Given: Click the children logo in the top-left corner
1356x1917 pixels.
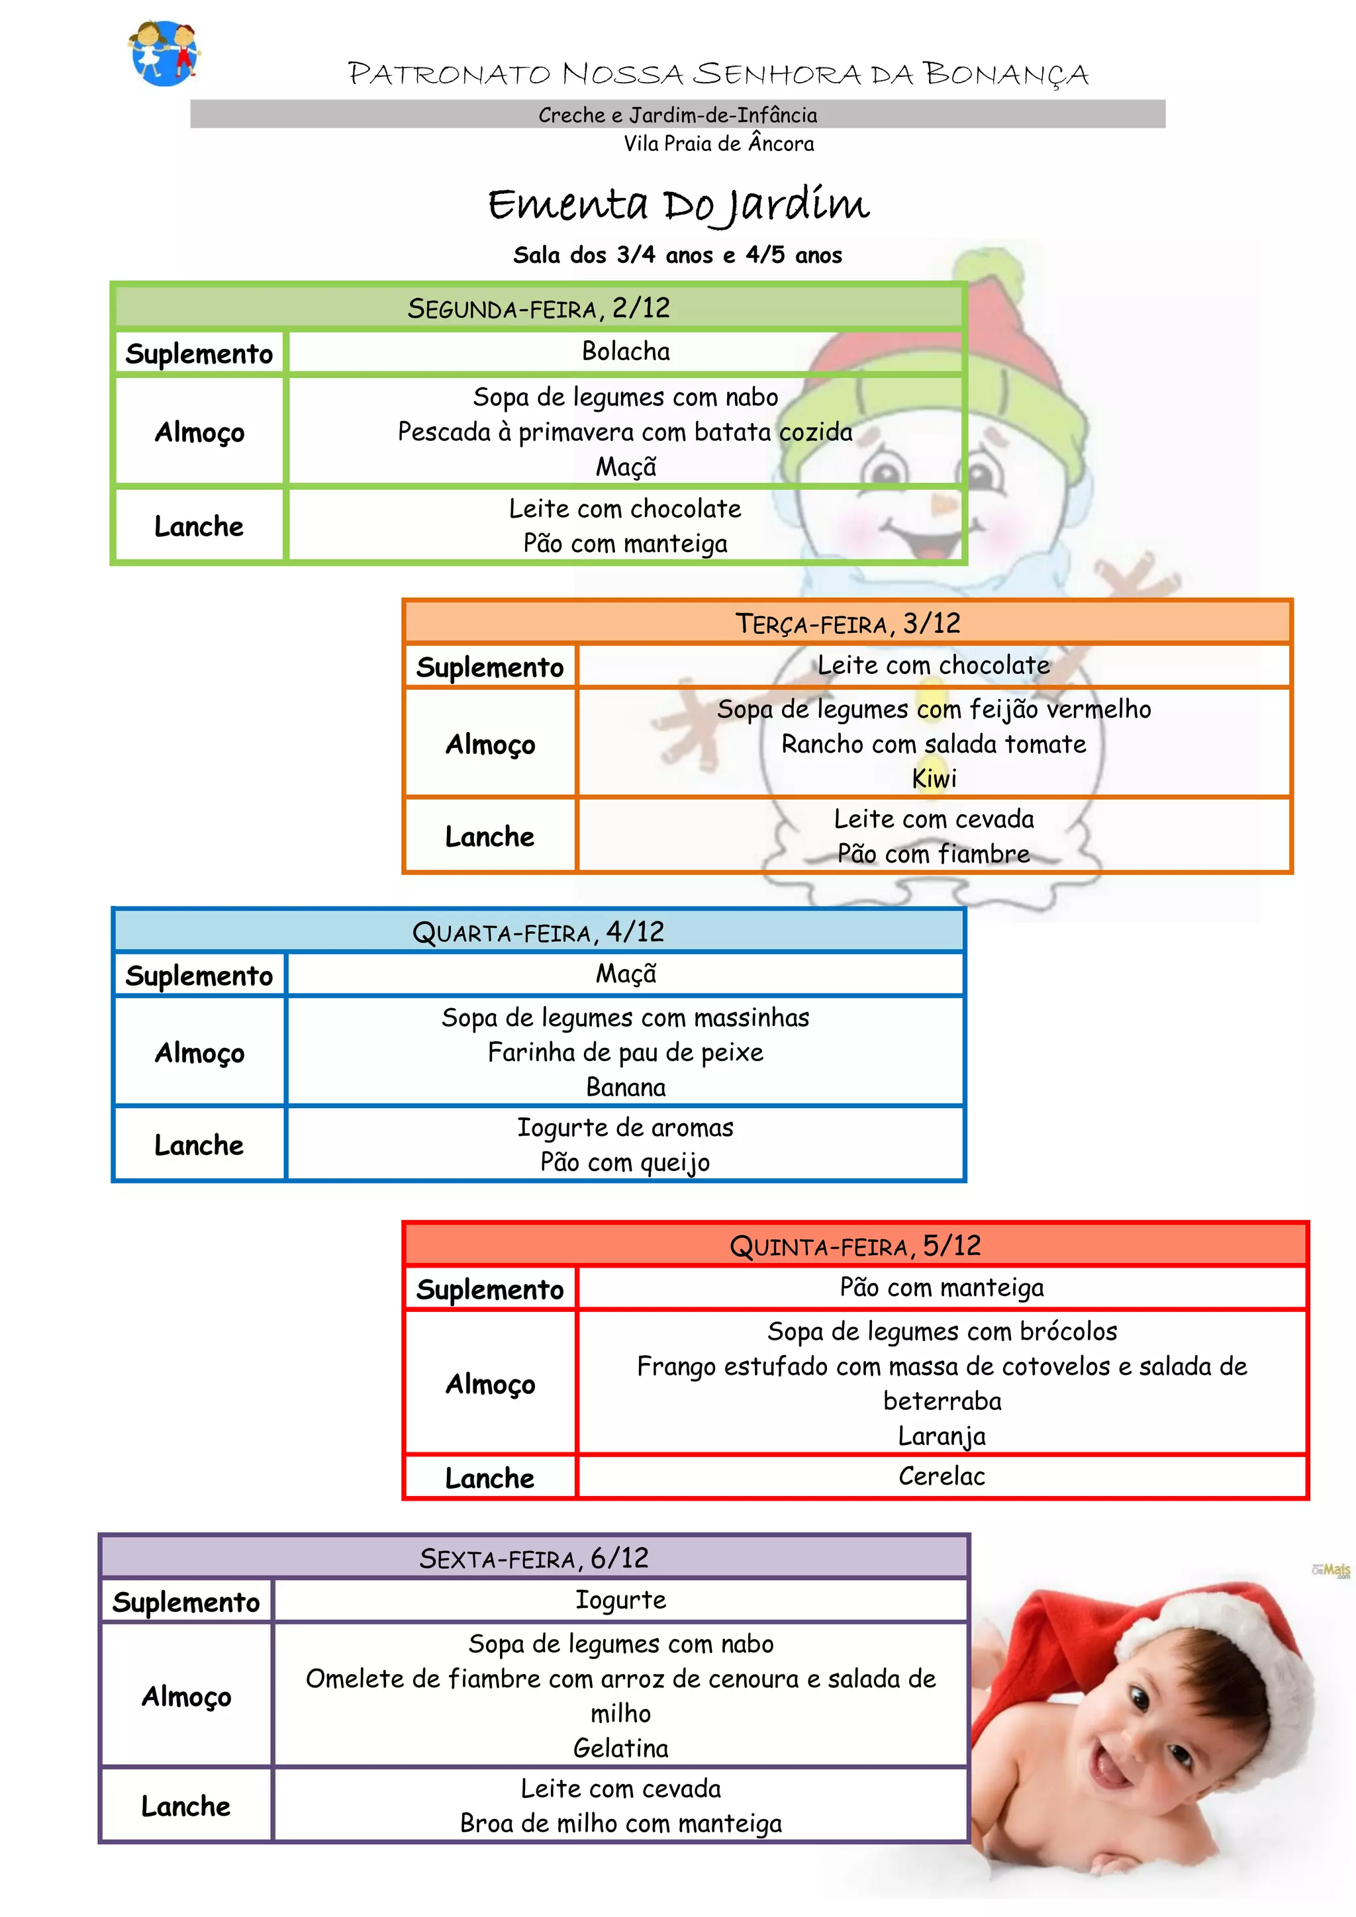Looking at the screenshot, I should (164, 52).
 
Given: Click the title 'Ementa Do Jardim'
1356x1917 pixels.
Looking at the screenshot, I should (678, 205).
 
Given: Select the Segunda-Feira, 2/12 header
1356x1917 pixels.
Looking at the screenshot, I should (538, 308).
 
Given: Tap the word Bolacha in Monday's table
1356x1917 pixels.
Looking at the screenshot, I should (626, 351).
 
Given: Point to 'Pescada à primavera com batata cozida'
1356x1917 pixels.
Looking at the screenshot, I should (624, 432).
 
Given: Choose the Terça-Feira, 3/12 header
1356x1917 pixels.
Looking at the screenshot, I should (847, 623).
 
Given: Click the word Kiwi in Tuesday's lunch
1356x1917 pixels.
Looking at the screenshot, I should (934, 779).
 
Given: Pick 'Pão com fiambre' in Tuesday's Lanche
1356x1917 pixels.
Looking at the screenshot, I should (934, 853).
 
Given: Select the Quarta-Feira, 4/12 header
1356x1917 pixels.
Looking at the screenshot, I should (538, 932).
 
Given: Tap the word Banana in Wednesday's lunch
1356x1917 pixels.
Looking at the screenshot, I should (626, 1087).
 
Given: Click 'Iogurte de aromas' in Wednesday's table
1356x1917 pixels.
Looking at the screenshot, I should (626, 1127).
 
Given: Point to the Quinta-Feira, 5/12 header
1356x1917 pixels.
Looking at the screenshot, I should (855, 1246).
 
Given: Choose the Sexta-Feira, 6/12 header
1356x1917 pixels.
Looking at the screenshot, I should (534, 1558).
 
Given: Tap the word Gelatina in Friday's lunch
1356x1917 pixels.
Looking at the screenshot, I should (620, 1748).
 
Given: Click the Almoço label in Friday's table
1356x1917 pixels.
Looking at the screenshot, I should (186, 1697).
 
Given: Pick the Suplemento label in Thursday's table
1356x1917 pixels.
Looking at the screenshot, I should (490, 1290).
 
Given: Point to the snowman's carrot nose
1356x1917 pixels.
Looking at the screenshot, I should (942, 504).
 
